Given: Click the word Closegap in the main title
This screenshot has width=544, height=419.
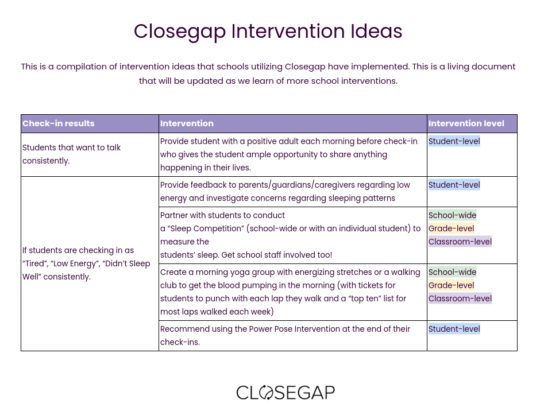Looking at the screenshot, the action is [x=180, y=32].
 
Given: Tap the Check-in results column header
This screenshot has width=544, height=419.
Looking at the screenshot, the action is [x=58, y=123].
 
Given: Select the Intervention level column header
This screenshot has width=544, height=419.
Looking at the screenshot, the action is [x=466, y=123].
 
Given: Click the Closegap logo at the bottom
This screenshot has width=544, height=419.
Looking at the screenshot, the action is [x=285, y=393].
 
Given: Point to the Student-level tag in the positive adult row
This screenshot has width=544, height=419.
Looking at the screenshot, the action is [x=454, y=141].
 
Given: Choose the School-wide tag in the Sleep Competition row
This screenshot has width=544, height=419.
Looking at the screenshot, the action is [x=453, y=215].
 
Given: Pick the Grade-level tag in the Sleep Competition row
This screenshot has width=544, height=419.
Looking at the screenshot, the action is [x=451, y=228].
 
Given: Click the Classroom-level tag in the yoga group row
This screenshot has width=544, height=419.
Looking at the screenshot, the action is [x=460, y=298].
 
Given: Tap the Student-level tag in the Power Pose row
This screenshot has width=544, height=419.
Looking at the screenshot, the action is [x=454, y=329].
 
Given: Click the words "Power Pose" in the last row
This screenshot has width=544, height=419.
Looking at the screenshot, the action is [x=271, y=329].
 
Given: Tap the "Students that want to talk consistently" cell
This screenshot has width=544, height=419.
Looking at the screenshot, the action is [x=71, y=154].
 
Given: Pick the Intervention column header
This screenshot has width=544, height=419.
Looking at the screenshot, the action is [x=187, y=123].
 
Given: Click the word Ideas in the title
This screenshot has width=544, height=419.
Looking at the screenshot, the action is [x=376, y=31].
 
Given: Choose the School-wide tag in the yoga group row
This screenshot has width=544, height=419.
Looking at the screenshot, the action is [x=453, y=272].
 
